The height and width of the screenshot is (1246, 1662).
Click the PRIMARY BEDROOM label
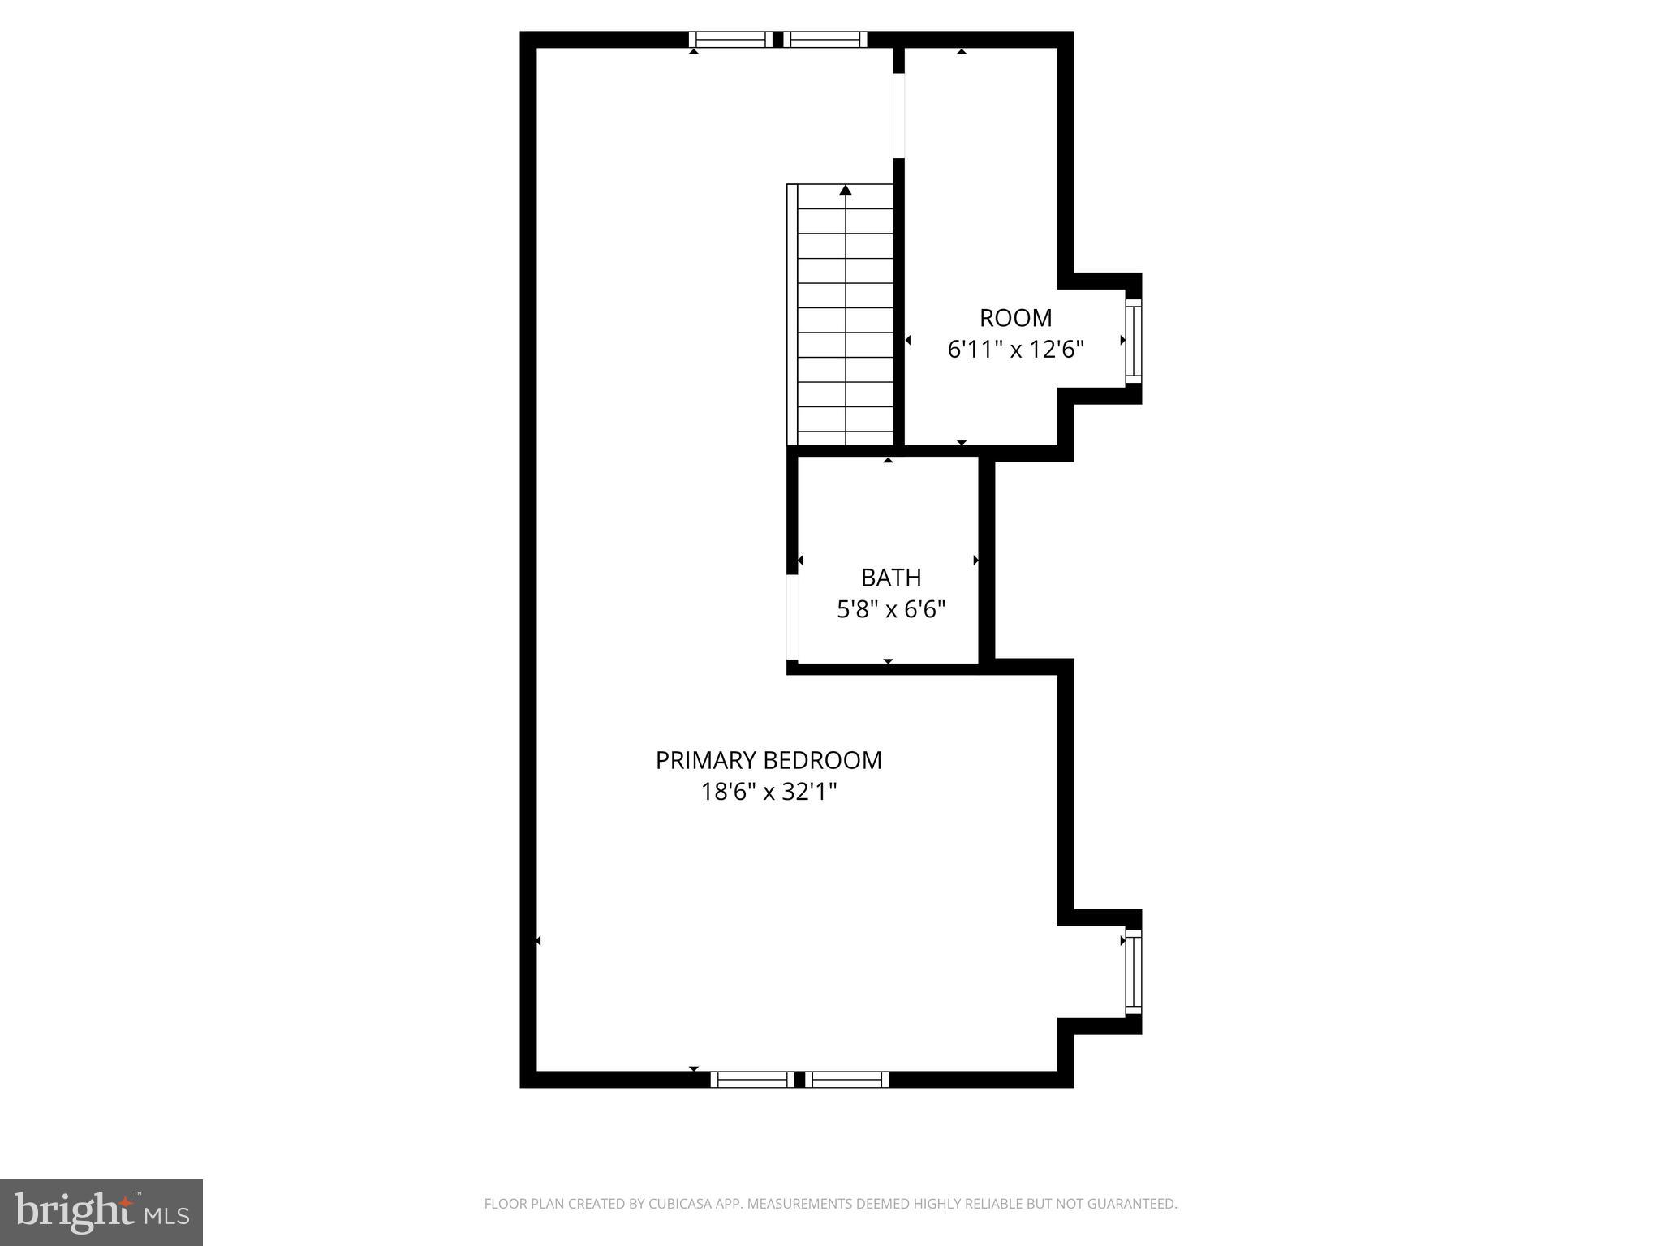[x=769, y=760]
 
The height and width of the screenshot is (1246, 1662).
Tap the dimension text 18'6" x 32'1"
[x=769, y=792]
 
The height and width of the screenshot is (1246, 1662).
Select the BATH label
[x=891, y=578]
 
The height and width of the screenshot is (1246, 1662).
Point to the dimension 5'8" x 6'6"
[x=891, y=609]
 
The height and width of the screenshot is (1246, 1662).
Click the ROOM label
[x=1015, y=317]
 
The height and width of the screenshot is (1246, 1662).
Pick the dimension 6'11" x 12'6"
[x=1015, y=350]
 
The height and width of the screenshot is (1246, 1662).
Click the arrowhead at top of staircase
[x=846, y=191]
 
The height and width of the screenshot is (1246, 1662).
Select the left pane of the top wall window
[x=730, y=39]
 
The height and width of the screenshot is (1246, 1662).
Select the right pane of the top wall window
[x=825, y=39]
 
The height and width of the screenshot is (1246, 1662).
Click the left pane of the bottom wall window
[x=752, y=1079]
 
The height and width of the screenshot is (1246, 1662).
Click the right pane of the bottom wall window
[x=847, y=1079]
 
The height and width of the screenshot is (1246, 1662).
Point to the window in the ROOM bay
[x=1133, y=341]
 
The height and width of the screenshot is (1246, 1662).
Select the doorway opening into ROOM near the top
[x=898, y=114]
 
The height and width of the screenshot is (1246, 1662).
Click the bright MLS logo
[x=101, y=1212]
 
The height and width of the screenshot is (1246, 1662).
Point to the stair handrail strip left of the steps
[x=792, y=315]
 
